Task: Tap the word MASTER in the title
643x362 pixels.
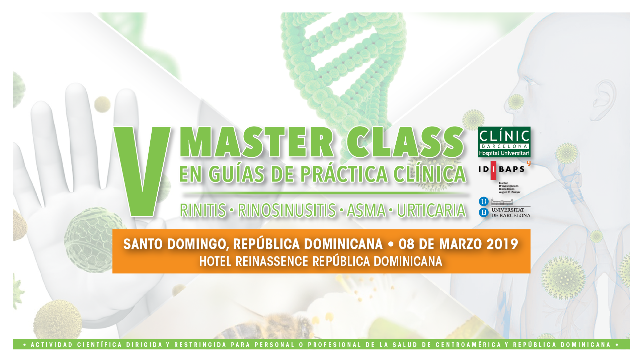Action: pyautogui.click(x=256, y=142)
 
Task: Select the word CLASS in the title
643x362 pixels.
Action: pyautogui.click(x=405, y=142)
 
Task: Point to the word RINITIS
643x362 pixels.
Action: pyautogui.click(x=203, y=210)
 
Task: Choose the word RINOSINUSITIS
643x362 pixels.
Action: pyautogui.click(x=287, y=210)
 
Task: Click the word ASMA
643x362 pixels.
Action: pyautogui.click(x=366, y=210)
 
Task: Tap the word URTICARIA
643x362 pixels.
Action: pyautogui.click(x=431, y=210)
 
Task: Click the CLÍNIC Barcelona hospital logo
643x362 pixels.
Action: pyautogui.click(x=504, y=142)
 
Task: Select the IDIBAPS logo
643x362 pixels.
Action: pyautogui.click(x=504, y=177)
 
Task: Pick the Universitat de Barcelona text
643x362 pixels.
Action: pyautogui.click(x=510, y=213)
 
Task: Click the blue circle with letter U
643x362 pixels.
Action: pyautogui.click(x=484, y=202)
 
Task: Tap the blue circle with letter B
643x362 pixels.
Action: pyautogui.click(x=484, y=212)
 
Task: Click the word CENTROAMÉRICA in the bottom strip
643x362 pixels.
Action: pyautogui.click(x=468, y=345)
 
